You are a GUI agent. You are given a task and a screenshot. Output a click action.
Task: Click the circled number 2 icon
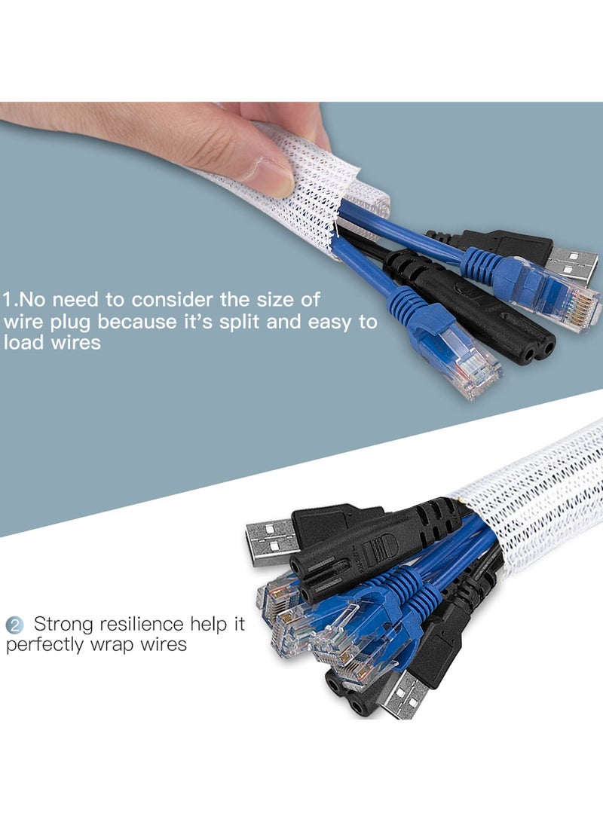[14, 625]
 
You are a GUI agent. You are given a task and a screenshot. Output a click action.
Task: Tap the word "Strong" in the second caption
[69, 624]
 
